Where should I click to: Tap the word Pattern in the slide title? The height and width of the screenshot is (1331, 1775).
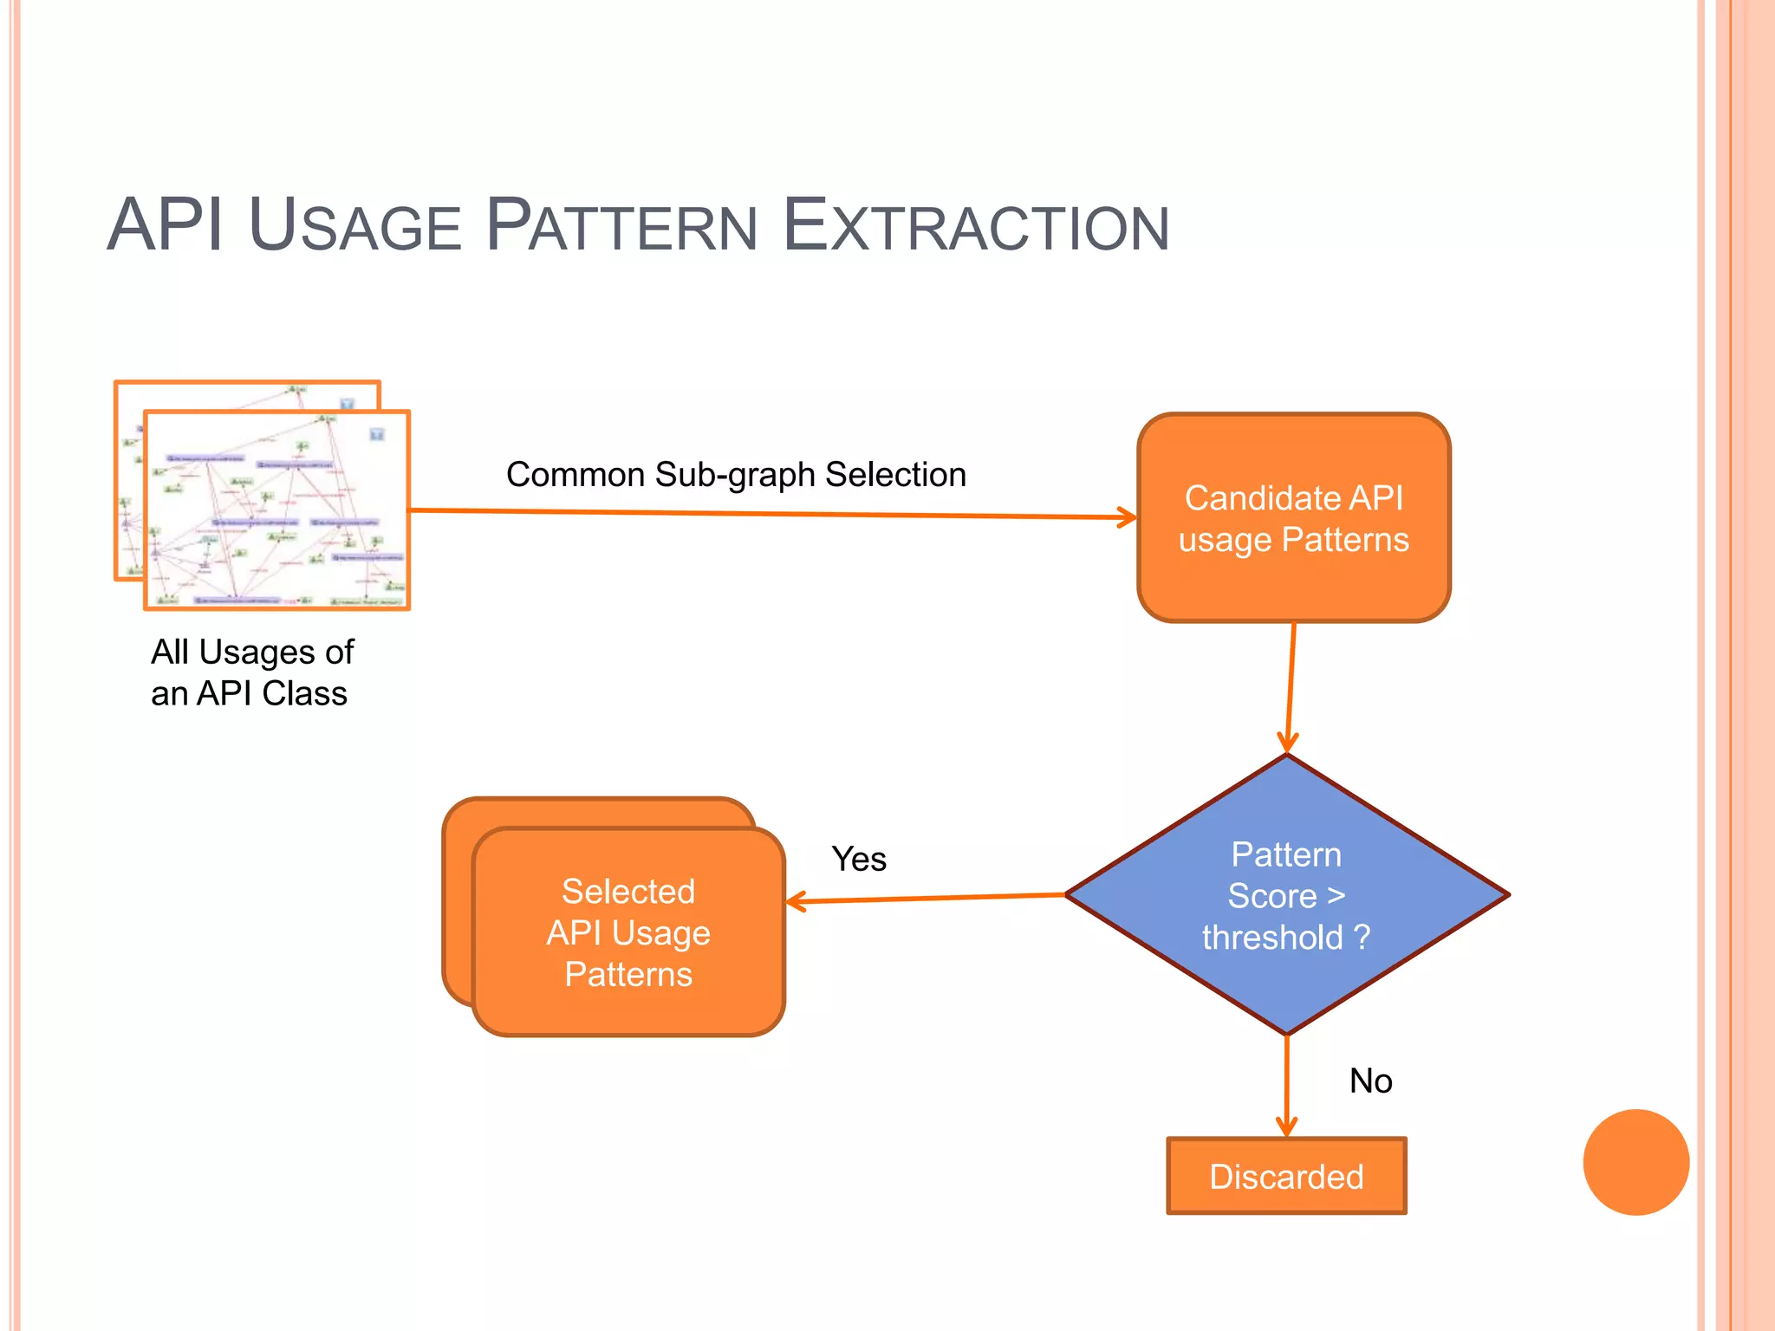tap(621, 226)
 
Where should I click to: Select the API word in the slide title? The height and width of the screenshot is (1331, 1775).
tap(165, 226)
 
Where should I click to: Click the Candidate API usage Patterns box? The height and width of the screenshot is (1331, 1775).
tap(1293, 518)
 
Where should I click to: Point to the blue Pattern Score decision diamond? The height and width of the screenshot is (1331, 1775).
tap(1287, 895)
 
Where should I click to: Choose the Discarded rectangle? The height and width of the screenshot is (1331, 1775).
tap(1286, 1177)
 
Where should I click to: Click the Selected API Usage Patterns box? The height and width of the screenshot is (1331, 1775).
tap(628, 932)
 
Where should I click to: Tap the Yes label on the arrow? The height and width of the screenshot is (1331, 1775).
tap(858, 859)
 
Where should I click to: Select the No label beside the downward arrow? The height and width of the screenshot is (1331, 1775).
tap(1370, 1081)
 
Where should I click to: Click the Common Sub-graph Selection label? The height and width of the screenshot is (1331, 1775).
tap(736, 475)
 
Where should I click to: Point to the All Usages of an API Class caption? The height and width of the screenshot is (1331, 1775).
tap(251, 672)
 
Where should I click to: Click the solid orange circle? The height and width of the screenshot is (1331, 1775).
tap(1635, 1162)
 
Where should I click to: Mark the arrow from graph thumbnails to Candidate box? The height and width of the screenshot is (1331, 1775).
tap(771, 514)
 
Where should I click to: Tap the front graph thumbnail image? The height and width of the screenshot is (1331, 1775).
tap(276, 510)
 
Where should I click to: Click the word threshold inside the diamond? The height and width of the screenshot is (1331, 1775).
tap(1271, 938)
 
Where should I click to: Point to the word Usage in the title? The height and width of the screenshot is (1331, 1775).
tap(354, 226)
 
